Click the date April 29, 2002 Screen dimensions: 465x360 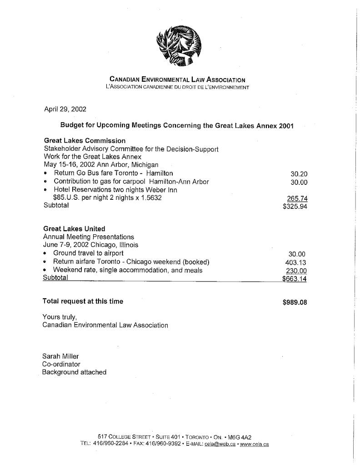(x=65, y=109)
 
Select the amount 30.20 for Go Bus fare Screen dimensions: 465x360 (x=298, y=173)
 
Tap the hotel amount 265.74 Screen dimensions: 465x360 (x=298, y=198)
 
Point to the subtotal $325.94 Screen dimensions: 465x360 (x=295, y=206)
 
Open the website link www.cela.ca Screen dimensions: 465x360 (x=255, y=444)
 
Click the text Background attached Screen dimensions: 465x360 (x=75, y=372)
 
